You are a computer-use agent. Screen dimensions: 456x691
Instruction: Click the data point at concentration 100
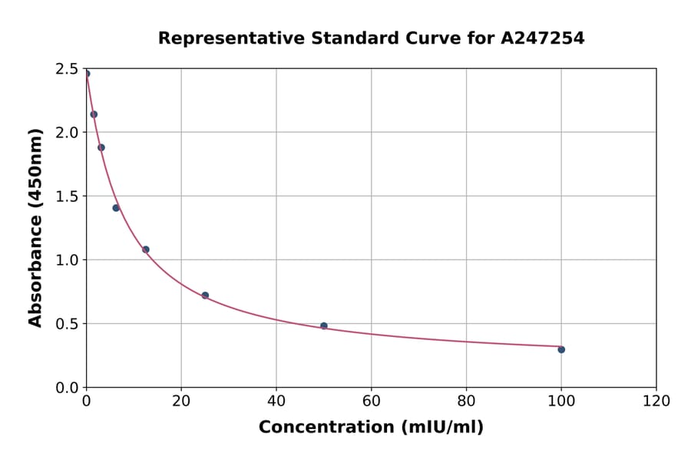[561, 349]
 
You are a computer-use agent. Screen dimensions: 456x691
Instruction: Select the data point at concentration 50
[324, 325]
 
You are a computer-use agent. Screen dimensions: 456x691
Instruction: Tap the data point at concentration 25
[205, 296]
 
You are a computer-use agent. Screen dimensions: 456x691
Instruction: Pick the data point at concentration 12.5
[146, 249]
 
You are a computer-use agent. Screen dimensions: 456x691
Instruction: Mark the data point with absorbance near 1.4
[116, 208]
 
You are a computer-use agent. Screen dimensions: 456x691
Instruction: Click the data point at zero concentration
[87, 74]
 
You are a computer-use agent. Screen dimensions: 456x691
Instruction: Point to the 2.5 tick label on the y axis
[68, 69]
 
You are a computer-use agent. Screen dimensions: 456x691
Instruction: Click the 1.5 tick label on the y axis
[68, 197]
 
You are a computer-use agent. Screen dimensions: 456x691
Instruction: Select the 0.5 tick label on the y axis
[68, 324]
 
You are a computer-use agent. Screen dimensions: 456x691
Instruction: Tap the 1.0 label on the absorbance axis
[68, 260]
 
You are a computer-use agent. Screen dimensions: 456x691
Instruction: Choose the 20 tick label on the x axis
[181, 401]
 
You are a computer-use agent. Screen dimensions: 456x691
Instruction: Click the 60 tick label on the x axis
[372, 401]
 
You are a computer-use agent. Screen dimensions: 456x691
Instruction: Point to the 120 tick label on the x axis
[656, 401]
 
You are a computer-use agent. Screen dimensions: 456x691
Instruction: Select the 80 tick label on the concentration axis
[466, 401]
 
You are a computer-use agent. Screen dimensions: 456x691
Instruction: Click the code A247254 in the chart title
[543, 38]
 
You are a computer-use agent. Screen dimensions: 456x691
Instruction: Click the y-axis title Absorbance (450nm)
[35, 227]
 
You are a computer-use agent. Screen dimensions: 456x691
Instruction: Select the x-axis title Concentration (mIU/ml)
[371, 428]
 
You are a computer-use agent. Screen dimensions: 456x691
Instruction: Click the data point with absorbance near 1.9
[101, 147]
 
